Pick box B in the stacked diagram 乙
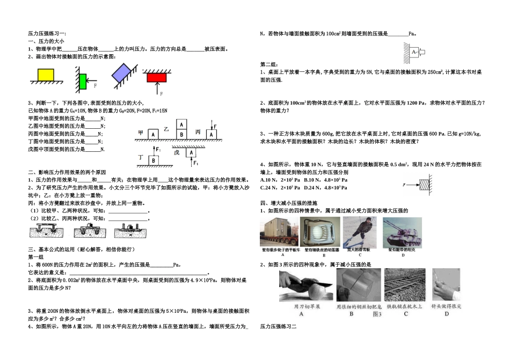[181, 133]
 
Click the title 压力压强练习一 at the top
[47, 33]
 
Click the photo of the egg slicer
[322, 231]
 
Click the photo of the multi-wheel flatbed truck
[282, 231]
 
